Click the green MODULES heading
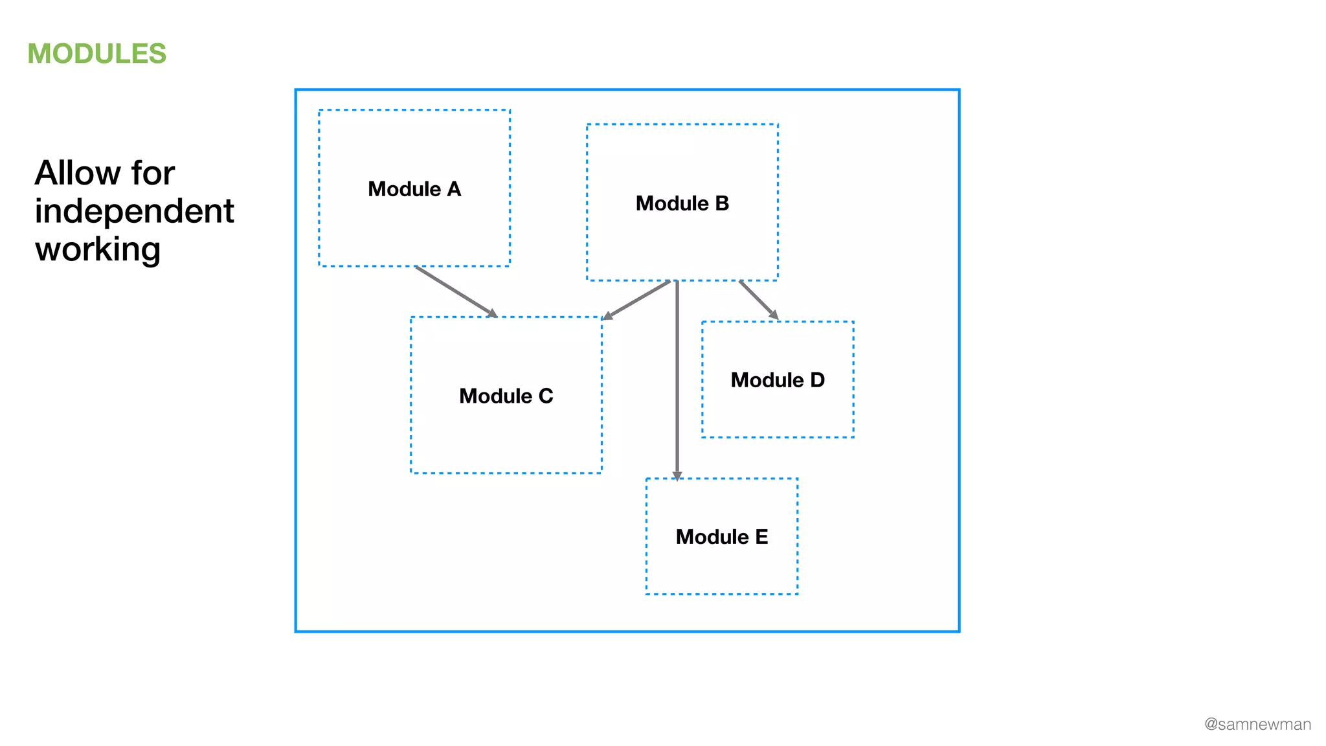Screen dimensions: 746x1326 [96, 54]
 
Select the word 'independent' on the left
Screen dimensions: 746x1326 [134, 211]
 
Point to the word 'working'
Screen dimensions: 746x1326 [98, 249]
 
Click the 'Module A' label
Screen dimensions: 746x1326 [414, 189]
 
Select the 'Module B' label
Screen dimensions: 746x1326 [682, 203]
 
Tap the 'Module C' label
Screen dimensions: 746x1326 [506, 396]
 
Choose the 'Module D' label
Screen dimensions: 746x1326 [777, 380]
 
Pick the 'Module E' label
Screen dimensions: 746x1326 [721, 537]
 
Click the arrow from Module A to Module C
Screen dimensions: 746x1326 [455, 291]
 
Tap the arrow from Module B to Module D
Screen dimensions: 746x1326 [758, 299]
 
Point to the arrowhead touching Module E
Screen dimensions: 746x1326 [677, 476]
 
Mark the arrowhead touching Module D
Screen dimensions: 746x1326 [774, 315]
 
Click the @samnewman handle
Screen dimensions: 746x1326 [1257, 724]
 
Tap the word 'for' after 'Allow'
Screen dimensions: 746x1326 [153, 173]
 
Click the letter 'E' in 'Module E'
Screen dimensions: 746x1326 [761, 537]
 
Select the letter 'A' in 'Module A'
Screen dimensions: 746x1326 [454, 189]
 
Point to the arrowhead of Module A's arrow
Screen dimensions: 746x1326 [492, 313]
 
